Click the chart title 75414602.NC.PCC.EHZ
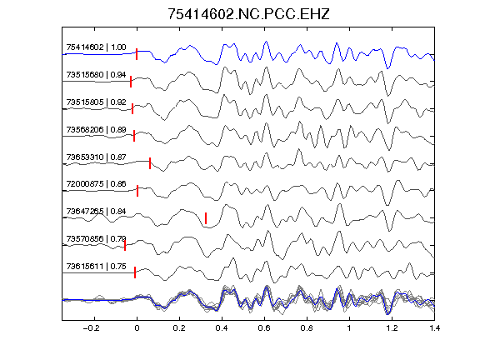pyautogui.click(x=248, y=14)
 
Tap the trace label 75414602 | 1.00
pyautogui.click(x=96, y=47)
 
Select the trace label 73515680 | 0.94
pyautogui.click(x=96, y=75)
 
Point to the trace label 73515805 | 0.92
pyautogui.click(x=96, y=102)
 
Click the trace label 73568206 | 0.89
pyautogui.click(x=96, y=129)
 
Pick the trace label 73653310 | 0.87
pyautogui.click(x=96, y=157)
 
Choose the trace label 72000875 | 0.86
pyautogui.click(x=96, y=184)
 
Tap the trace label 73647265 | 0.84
pyautogui.click(x=96, y=211)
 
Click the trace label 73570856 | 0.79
pyautogui.click(x=96, y=238)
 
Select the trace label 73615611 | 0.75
pyautogui.click(x=96, y=267)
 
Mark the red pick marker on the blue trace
pyautogui.click(x=137, y=54)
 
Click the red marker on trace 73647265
pyautogui.click(x=206, y=218)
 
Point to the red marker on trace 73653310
pyautogui.click(x=150, y=163)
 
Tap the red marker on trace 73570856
pyautogui.click(x=125, y=245)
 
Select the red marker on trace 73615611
pyautogui.click(x=135, y=272)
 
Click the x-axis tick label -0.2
pyautogui.click(x=92, y=328)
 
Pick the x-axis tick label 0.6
pyautogui.click(x=264, y=328)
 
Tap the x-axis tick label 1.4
pyautogui.click(x=434, y=328)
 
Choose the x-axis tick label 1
pyautogui.click(x=349, y=328)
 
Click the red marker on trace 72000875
pyautogui.click(x=137, y=191)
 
